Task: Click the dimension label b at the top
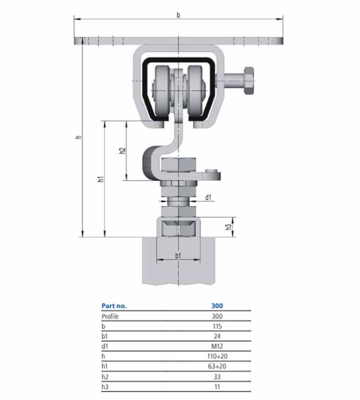178,15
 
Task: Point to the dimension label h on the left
79,137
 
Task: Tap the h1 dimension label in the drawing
101,179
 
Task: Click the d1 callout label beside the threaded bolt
208,197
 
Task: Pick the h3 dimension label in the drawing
229,227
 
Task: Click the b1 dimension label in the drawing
178,255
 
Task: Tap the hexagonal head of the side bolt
249,81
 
